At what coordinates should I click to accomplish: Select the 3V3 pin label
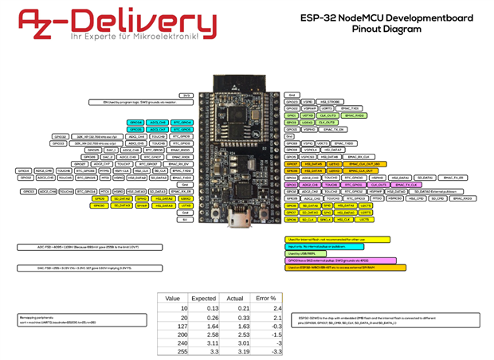point(186,96)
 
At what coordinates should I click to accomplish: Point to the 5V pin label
point(186,219)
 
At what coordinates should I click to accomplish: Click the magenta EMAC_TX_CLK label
point(402,185)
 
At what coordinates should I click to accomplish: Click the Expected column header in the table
point(204,297)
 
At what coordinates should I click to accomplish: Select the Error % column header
point(266,297)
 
